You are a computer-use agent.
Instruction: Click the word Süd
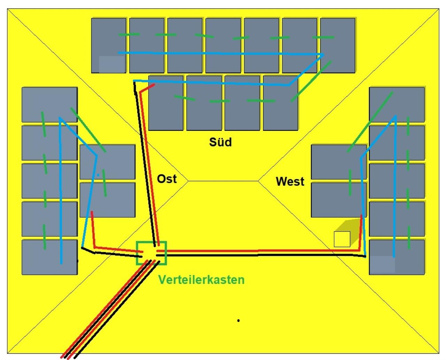point(220,142)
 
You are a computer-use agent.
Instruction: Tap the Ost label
point(167,179)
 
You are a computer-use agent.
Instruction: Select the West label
point(290,181)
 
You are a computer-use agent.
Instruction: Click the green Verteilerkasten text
point(201,280)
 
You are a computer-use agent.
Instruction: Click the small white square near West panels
point(342,239)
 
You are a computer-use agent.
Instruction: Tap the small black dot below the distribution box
point(238,320)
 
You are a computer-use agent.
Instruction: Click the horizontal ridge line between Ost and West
point(223,181)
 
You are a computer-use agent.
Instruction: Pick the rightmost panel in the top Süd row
point(338,45)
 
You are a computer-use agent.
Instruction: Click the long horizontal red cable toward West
point(258,250)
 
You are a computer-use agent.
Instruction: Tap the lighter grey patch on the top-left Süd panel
point(111,64)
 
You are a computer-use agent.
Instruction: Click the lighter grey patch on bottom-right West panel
point(382,265)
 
